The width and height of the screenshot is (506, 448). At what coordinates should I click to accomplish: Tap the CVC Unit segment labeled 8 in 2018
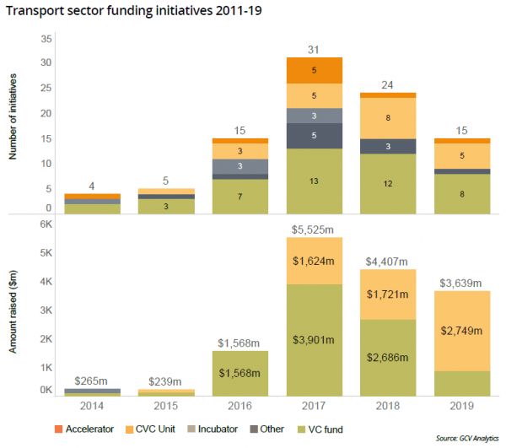388,118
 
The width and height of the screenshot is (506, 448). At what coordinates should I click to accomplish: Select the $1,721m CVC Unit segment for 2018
388,294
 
